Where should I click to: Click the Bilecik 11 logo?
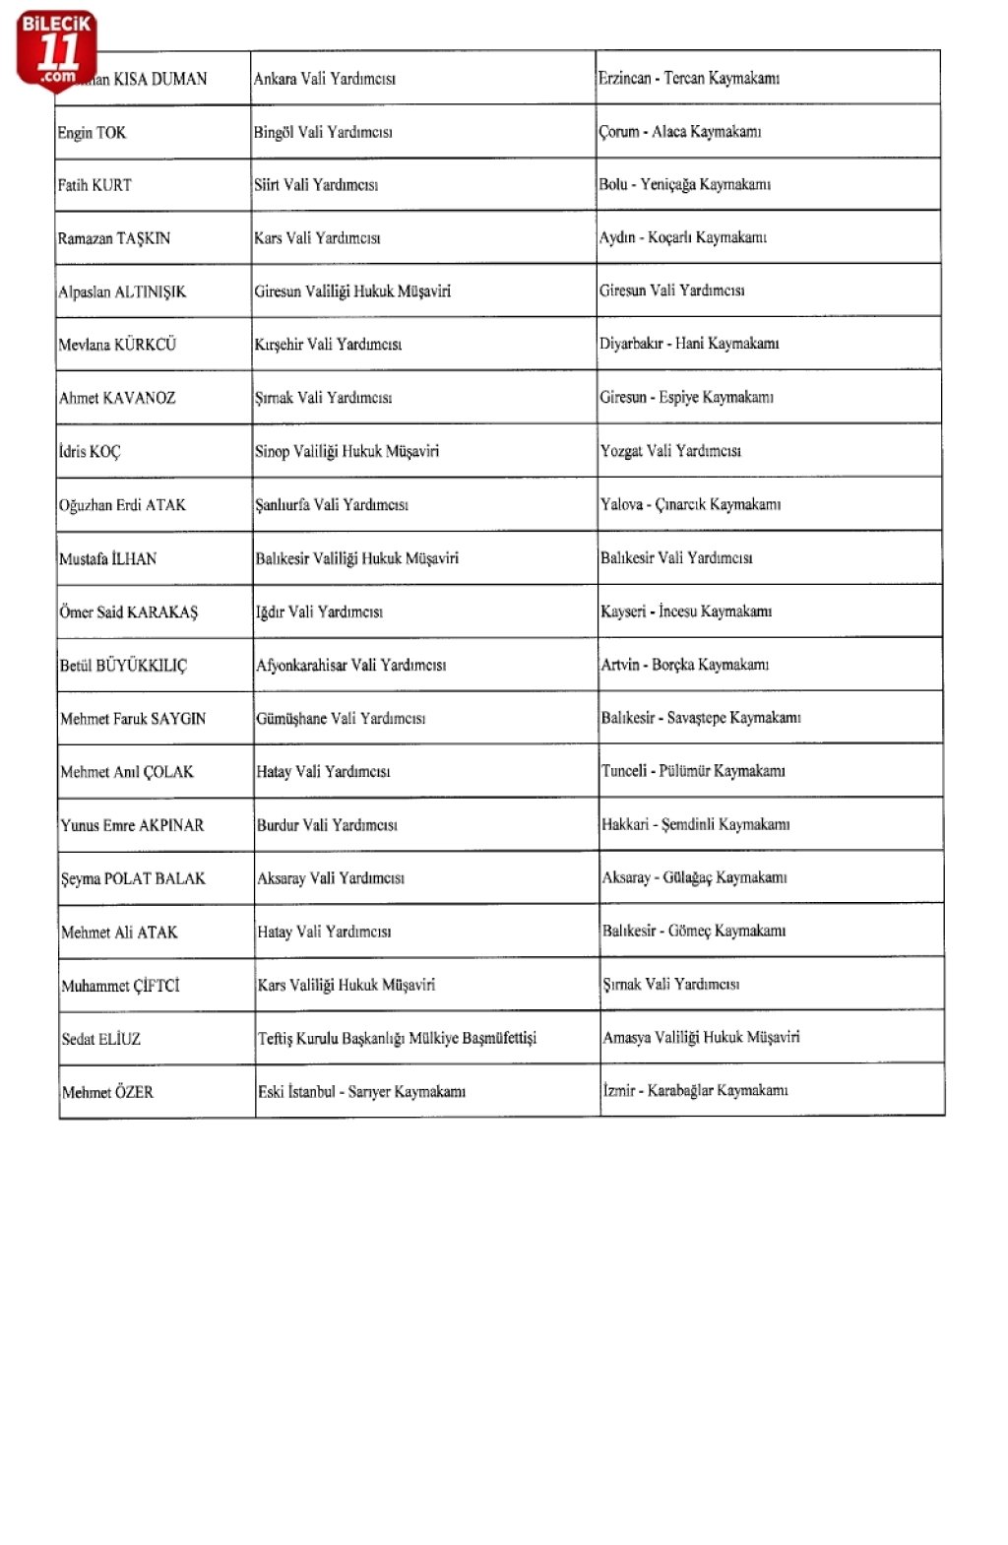coord(56,49)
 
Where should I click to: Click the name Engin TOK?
coord(92,133)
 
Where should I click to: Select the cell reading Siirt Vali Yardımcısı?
coord(316,185)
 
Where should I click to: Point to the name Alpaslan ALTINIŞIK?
coord(122,291)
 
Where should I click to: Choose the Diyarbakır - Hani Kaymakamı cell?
coord(689,344)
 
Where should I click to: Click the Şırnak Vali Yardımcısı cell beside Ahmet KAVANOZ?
coord(323,398)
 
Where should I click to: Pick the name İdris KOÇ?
coord(90,452)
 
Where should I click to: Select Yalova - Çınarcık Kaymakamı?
coord(690,504)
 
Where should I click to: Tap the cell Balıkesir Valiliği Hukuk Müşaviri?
coord(356,558)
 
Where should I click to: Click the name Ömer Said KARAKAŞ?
coord(128,612)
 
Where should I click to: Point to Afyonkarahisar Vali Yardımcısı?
coord(350,665)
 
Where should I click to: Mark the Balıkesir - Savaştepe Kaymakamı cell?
coord(701,718)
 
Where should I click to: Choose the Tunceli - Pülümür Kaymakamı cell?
coord(693,771)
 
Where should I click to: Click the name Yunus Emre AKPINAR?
coord(132,825)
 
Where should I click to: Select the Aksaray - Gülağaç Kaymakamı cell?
coord(694,877)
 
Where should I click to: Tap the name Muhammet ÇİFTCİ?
coord(120,986)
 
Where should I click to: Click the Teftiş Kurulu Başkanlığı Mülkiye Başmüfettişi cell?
coord(397,1038)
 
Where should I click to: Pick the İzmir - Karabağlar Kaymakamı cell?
coord(695,1090)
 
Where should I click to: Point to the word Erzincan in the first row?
coord(624,78)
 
